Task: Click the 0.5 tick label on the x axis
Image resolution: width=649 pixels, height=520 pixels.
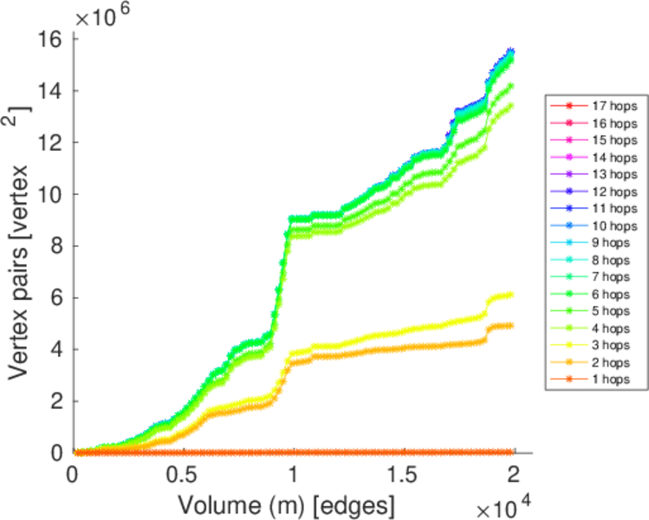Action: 181,477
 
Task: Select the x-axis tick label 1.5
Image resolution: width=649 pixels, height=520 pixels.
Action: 402,477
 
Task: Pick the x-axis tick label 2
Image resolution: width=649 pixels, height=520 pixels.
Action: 515,477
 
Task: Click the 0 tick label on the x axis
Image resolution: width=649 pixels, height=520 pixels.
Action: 73,477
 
